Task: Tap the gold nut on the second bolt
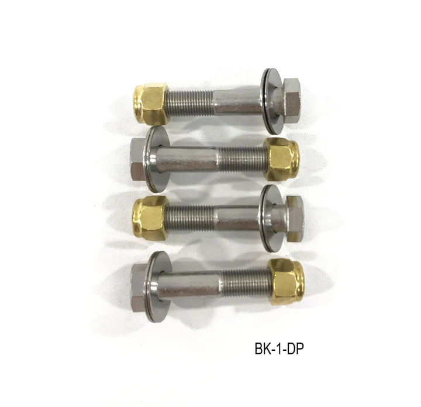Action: click(x=281, y=159)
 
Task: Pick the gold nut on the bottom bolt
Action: click(x=287, y=282)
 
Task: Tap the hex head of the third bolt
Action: click(x=295, y=218)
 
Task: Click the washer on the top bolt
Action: click(x=270, y=101)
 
